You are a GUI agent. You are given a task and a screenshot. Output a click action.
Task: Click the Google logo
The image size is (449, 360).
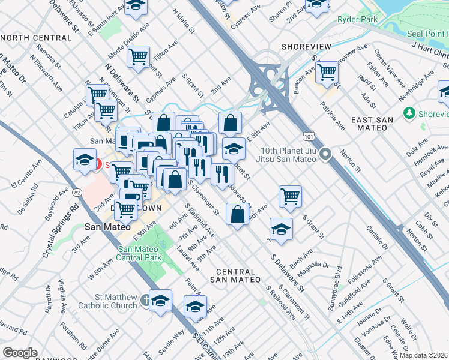[20, 353]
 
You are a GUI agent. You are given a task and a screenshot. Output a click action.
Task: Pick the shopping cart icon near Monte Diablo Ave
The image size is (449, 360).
[139, 57]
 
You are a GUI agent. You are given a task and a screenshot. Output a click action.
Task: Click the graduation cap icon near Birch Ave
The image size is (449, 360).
[280, 229]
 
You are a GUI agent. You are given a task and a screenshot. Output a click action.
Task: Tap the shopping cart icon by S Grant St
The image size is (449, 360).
[290, 196]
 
